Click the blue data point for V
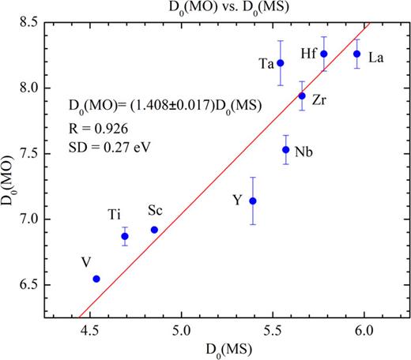click(96, 279)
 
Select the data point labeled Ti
click(125, 236)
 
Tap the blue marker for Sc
click(154, 230)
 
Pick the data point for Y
click(253, 201)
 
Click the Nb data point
click(286, 149)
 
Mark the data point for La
click(357, 54)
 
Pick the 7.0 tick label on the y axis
click(43, 219)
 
